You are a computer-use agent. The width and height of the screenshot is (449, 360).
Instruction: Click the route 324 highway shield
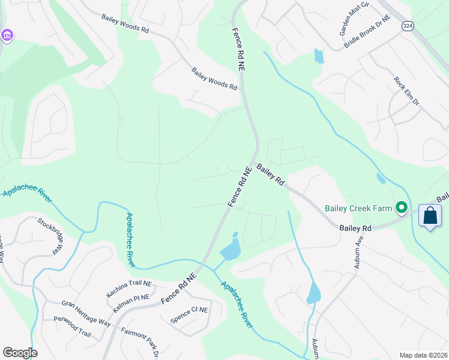click(x=408, y=26)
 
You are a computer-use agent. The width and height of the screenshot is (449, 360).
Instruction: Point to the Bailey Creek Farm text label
click(x=357, y=209)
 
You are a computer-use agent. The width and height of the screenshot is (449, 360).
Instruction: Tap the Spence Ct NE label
click(x=188, y=316)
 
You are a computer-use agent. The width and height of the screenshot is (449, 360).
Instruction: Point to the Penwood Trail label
click(x=72, y=327)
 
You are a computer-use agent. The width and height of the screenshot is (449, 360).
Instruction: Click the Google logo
click(x=20, y=353)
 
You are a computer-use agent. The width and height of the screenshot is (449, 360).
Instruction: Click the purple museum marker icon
click(x=7, y=36)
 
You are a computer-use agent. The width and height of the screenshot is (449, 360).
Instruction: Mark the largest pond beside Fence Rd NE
click(x=231, y=248)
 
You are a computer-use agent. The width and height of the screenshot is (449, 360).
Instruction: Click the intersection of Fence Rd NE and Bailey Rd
click(x=255, y=161)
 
